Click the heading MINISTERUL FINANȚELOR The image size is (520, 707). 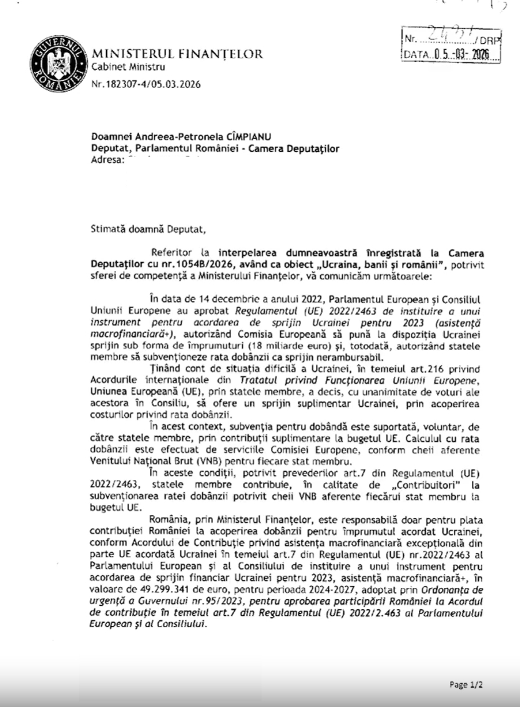[x=177, y=54]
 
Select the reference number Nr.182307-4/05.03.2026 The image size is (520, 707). [x=146, y=84]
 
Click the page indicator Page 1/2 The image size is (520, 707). [x=466, y=684]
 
